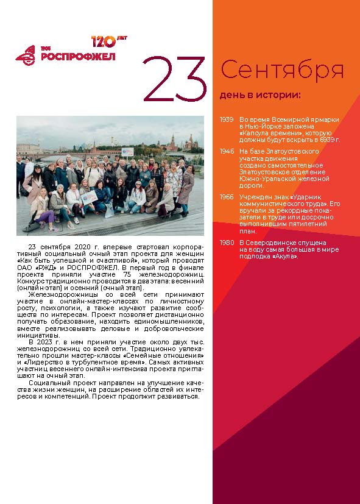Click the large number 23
point(174,80)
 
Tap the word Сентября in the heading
point(282,71)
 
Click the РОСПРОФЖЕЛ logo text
point(77,57)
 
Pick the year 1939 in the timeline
point(227,119)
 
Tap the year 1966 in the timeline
point(227,197)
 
